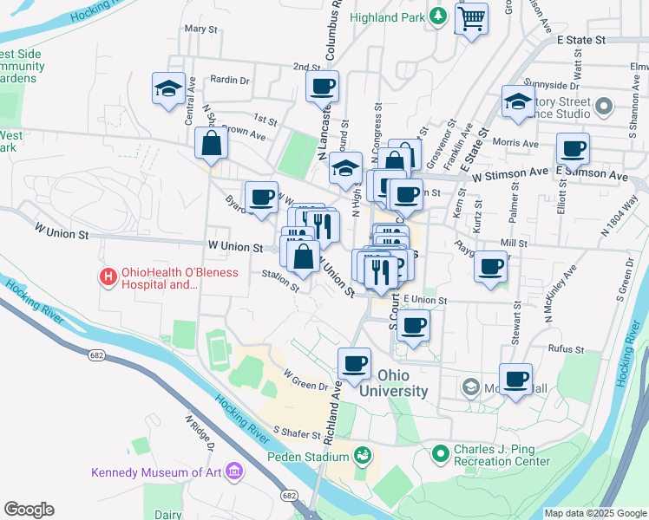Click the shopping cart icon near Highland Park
[x=471, y=17]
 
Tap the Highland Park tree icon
[x=439, y=16]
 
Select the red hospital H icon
[x=108, y=277]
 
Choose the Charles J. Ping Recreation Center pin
[x=441, y=452]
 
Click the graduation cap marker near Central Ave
[x=168, y=88]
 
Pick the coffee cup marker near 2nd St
[x=322, y=86]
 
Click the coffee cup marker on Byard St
[x=261, y=197]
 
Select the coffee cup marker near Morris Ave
[x=573, y=148]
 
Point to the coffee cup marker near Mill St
[x=491, y=265]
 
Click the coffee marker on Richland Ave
[x=353, y=364]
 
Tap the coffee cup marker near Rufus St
[x=516, y=379]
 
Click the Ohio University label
[x=403, y=383]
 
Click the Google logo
[x=29, y=510]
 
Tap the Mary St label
[x=200, y=29]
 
